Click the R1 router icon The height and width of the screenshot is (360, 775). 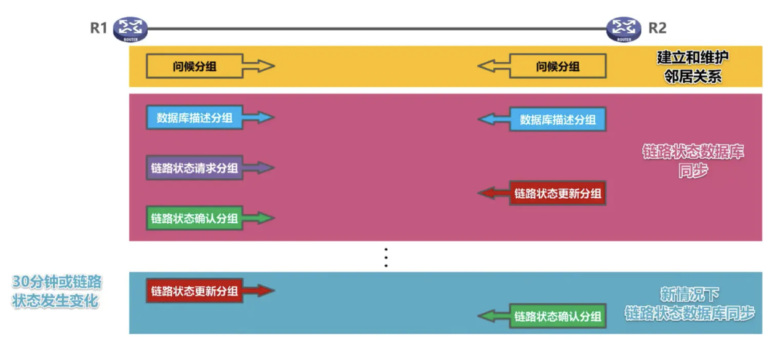[x=130, y=28]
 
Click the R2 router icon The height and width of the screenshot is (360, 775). [x=624, y=28]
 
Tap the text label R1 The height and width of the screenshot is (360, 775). [x=99, y=28]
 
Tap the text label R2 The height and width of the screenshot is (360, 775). [x=658, y=28]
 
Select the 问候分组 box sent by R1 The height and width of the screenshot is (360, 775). [x=194, y=66]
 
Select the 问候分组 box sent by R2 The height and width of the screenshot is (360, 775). [x=558, y=66]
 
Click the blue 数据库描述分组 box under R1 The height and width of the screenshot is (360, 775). [x=194, y=118]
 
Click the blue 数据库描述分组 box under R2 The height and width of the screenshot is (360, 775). [x=558, y=119]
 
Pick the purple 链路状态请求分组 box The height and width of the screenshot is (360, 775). [x=194, y=168]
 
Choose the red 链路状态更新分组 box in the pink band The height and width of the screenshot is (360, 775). [x=558, y=194]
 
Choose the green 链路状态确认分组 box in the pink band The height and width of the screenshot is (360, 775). [x=194, y=218]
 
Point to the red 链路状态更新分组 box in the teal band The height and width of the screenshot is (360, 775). [x=194, y=291]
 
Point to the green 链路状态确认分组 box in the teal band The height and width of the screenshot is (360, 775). [x=558, y=317]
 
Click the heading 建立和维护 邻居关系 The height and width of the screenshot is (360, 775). [x=693, y=67]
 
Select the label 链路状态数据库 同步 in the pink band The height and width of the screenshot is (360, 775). [x=693, y=161]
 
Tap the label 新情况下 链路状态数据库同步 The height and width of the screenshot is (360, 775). [x=690, y=304]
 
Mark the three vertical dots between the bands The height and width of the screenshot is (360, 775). [x=386, y=258]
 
